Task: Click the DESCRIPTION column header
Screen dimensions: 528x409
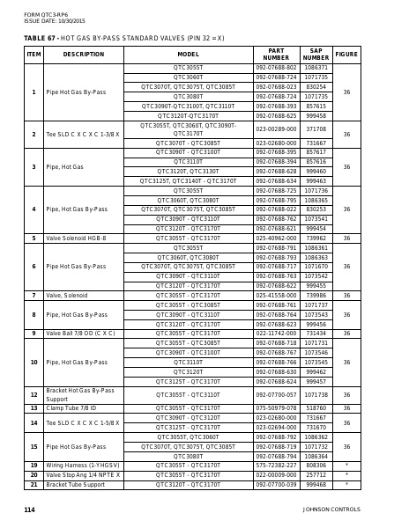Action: point(84,55)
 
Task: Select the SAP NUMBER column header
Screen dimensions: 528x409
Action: point(316,55)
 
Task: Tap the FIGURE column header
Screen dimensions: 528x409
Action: point(346,55)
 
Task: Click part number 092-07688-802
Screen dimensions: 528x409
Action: point(276,68)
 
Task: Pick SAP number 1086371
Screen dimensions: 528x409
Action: point(316,68)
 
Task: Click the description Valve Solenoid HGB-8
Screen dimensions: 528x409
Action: point(76,238)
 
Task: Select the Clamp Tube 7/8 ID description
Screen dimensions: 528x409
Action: point(71,408)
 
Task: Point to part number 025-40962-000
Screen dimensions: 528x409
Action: point(276,238)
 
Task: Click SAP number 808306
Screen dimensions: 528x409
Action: point(316,466)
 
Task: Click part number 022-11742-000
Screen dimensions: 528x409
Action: point(276,334)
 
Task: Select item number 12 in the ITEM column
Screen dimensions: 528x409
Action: point(33,395)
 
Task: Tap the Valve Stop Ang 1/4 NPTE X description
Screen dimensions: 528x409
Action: point(83,475)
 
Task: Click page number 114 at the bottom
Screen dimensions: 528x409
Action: point(29,510)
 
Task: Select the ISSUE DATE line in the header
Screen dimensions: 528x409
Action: point(55,20)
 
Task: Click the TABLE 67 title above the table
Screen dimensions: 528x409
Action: point(123,39)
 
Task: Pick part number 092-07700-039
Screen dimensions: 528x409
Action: point(276,485)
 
